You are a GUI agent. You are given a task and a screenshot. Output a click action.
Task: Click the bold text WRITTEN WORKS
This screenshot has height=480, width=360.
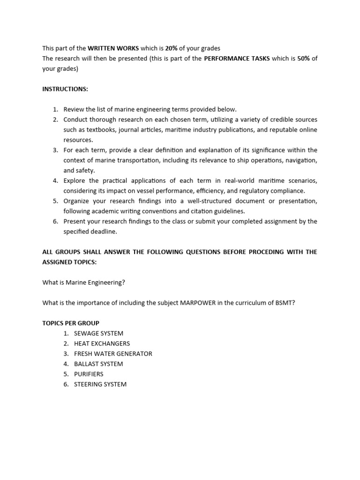click(x=113, y=48)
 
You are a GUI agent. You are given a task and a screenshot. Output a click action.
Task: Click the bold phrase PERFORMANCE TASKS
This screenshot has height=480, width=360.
click(x=237, y=59)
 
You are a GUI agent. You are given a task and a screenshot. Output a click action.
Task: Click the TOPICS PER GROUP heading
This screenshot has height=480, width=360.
click(x=71, y=323)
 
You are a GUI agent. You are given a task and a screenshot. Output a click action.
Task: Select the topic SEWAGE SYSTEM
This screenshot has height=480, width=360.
click(x=99, y=333)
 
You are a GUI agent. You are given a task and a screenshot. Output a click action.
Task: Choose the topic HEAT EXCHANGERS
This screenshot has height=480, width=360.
click(x=102, y=344)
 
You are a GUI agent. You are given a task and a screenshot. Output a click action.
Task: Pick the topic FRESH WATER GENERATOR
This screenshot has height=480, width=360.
click(x=113, y=354)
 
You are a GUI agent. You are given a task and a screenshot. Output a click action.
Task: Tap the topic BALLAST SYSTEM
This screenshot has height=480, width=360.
click(x=98, y=364)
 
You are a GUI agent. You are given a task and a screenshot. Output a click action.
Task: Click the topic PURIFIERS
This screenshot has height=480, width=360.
click(x=89, y=374)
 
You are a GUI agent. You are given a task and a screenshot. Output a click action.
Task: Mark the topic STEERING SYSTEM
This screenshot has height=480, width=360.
click(x=100, y=384)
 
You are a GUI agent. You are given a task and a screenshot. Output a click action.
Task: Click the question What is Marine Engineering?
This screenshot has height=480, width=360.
click(x=84, y=282)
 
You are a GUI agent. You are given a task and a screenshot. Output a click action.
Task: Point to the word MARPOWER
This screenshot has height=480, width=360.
click(x=197, y=303)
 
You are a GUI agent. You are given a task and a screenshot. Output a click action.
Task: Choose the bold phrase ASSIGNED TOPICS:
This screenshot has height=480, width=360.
click(x=69, y=262)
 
